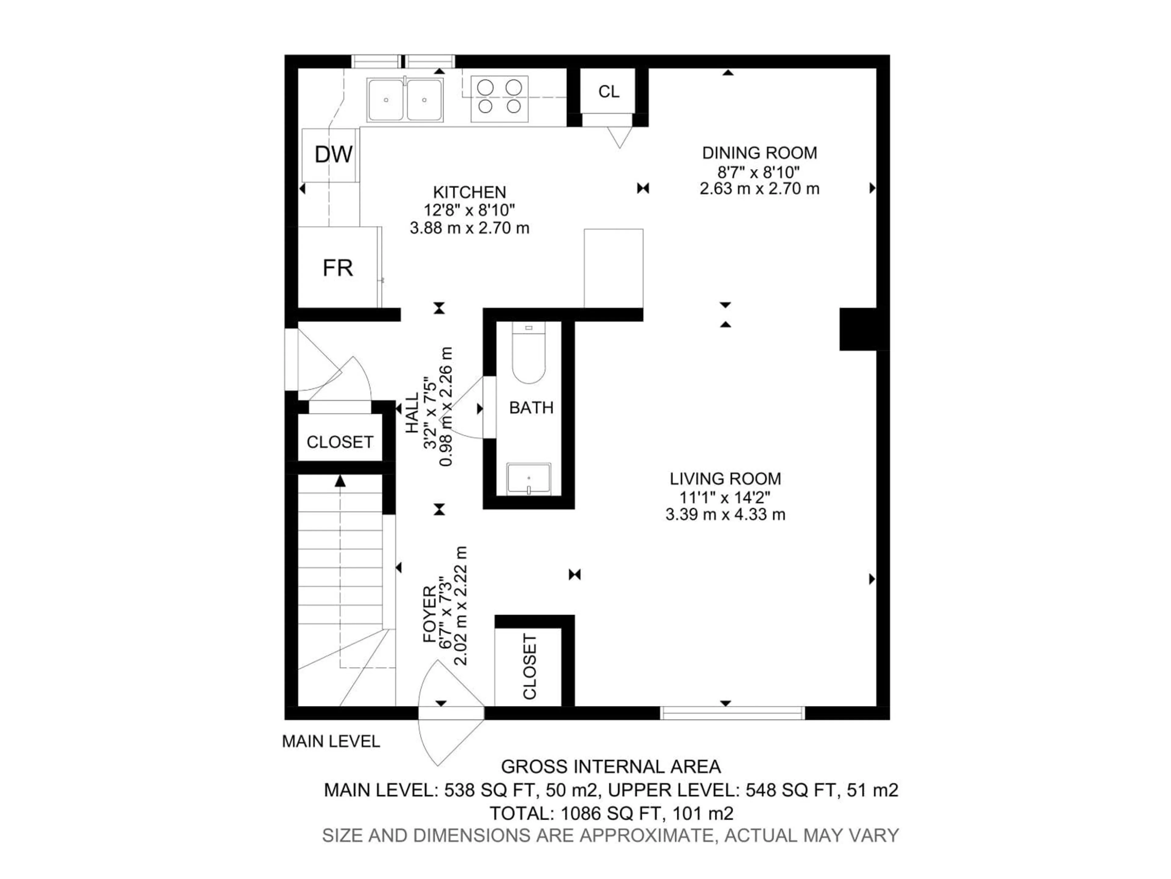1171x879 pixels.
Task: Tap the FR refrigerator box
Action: [x=338, y=268]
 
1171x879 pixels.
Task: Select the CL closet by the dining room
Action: [x=608, y=92]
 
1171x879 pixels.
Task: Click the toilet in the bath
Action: [x=528, y=355]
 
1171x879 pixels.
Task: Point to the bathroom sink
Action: [x=528, y=479]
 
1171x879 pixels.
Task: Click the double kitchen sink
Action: [x=405, y=100]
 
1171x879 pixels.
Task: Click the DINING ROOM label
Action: [x=759, y=153]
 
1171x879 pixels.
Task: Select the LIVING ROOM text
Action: [x=725, y=479]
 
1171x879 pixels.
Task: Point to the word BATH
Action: [x=531, y=407]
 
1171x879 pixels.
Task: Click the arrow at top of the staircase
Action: [x=340, y=481]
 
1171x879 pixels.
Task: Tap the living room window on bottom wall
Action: [x=732, y=713]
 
